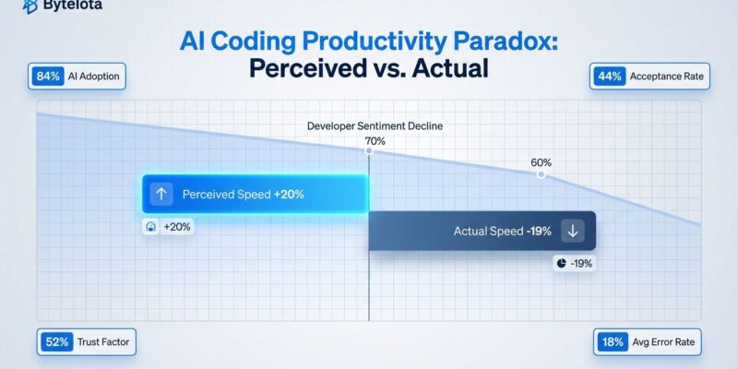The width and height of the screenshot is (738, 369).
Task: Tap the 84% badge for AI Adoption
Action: (48, 76)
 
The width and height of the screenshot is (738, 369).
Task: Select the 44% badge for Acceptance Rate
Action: (610, 76)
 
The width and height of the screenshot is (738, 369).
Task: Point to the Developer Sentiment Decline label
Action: (368, 125)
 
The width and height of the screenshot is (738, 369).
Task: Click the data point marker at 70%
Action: (369, 149)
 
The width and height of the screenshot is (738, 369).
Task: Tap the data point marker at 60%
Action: (541, 174)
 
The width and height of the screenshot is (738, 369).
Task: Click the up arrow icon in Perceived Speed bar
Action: (161, 195)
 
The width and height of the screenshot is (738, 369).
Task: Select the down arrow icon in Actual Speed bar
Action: (573, 232)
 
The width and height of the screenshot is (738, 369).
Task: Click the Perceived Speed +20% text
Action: (243, 195)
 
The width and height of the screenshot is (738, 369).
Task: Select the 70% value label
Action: (375, 140)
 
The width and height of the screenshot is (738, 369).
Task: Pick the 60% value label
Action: (541, 162)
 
